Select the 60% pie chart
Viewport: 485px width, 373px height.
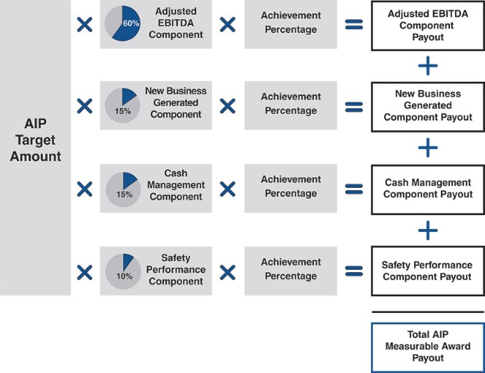[x=121, y=24]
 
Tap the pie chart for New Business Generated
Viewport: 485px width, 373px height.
[x=121, y=105]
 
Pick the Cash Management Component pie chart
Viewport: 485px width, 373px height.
[x=121, y=189]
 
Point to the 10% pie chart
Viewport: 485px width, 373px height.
[x=121, y=271]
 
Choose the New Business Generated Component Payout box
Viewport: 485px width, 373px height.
[x=428, y=106]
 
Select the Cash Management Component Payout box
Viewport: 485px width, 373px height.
[x=428, y=189]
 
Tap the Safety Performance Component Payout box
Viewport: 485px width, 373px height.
[x=428, y=271]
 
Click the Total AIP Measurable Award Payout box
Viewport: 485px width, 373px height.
[x=428, y=347]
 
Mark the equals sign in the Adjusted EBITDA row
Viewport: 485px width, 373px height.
[x=354, y=24]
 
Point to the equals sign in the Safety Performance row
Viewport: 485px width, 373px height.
[x=354, y=271]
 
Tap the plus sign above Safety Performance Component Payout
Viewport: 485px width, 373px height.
[x=428, y=230]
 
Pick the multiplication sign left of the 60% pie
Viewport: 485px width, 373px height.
[x=85, y=24]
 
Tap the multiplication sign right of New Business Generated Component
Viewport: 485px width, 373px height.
[x=228, y=106]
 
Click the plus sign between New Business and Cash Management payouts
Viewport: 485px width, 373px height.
[x=428, y=148]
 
